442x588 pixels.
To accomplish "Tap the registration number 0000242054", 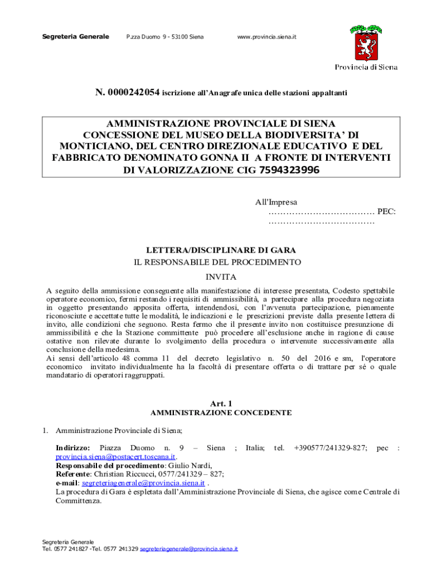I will (131, 92).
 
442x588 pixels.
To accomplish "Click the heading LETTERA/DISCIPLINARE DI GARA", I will (221, 250).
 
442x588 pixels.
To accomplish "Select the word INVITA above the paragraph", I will (221, 277).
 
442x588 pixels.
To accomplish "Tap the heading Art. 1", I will (221, 403).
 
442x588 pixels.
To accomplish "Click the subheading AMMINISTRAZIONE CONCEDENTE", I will (221, 413).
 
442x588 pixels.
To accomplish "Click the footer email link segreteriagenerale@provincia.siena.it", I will (189, 550).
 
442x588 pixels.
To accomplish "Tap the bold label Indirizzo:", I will (72, 447).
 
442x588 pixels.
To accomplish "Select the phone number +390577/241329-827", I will (330, 447).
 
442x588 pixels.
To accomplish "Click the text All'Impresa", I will (276, 202).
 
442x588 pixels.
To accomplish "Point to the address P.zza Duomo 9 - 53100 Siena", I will (165, 37).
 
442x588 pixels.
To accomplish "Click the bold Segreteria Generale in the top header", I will (76, 37).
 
